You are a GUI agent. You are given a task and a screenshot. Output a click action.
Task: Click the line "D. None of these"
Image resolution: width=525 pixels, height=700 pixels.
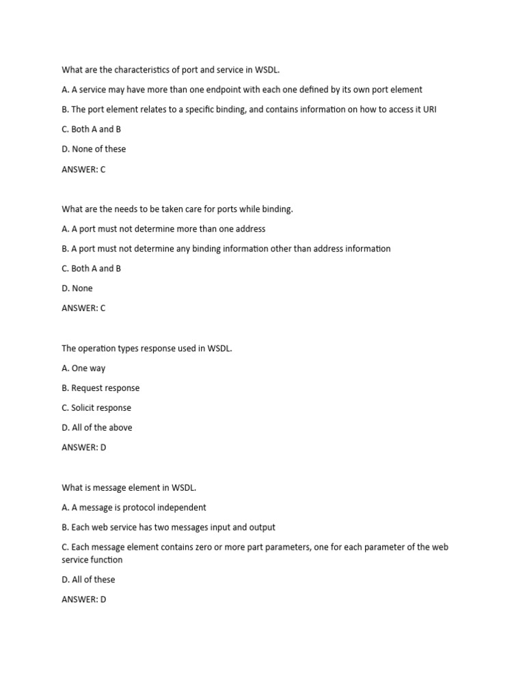94,149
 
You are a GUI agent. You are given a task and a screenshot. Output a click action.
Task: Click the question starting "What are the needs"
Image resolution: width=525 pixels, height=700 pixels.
177,208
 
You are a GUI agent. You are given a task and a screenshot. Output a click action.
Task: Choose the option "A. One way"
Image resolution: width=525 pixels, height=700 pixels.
83,368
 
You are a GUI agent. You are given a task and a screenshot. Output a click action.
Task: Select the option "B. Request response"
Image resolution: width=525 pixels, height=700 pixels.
100,388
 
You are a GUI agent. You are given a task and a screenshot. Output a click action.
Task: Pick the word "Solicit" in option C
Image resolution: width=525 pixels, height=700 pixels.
85,408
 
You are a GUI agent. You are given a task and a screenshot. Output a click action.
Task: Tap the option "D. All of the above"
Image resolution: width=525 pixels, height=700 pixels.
97,428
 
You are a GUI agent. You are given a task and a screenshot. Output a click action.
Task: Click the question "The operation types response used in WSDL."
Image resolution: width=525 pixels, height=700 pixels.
147,349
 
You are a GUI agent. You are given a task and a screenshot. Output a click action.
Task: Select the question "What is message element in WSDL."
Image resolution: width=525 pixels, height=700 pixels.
129,488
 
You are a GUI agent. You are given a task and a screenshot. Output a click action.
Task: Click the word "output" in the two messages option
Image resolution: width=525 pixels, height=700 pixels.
261,528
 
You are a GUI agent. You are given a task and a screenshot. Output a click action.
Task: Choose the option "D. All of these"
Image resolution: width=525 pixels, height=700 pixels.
88,580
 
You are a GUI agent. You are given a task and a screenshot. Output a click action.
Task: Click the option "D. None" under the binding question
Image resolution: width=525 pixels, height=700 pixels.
77,288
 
